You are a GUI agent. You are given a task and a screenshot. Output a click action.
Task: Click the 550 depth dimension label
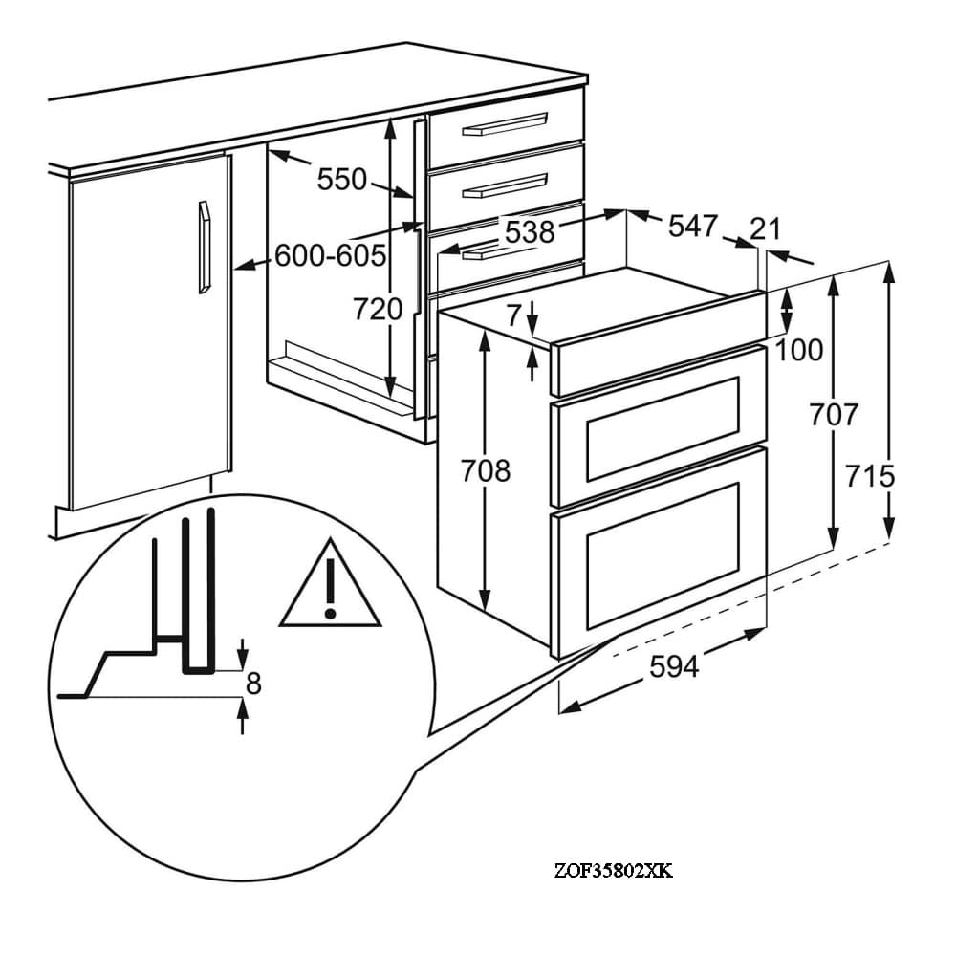pyautogui.click(x=342, y=180)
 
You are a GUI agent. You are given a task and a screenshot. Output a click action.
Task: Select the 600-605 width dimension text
pyautogui.click(x=331, y=255)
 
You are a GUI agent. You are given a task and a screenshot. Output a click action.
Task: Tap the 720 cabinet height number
pyautogui.click(x=378, y=309)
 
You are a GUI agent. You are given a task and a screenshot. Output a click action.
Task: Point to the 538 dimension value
pyautogui.click(x=531, y=231)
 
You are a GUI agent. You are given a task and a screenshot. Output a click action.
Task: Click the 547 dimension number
pyautogui.click(x=693, y=226)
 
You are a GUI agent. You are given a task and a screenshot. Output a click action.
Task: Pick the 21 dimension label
pyautogui.click(x=765, y=228)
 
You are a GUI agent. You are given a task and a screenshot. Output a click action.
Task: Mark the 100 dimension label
pyautogui.click(x=799, y=350)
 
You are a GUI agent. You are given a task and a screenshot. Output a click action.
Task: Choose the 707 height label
pyautogui.click(x=834, y=415)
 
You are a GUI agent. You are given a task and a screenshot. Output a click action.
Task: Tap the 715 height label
pyautogui.click(x=870, y=475)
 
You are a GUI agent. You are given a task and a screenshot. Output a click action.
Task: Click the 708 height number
pyautogui.click(x=486, y=470)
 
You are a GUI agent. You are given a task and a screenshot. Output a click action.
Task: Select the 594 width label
pyautogui.click(x=674, y=666)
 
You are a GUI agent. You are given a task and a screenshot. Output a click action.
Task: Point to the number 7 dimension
pyautogui.click(x=515, y=315)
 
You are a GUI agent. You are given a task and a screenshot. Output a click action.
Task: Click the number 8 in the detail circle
pyautogui.click(x=253, y=684)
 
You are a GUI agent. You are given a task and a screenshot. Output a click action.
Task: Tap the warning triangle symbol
pyautogui.click(x=330, y=584)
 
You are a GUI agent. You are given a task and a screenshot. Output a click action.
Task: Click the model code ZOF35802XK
pyautogui.click(x=614, y=870)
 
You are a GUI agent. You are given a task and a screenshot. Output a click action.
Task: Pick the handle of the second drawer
pyautogui.click(x=506, y=186)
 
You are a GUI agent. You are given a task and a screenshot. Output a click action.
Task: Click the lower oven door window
pyautogui.click(x=663, y=556)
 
